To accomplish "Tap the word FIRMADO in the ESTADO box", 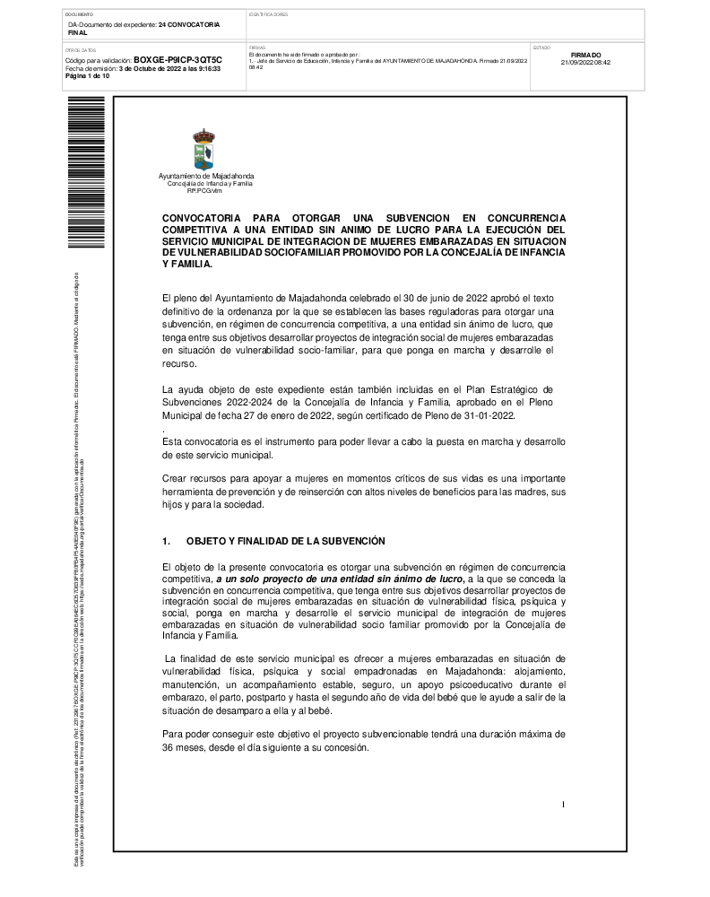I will [584, 55].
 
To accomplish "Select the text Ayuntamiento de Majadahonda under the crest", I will [205, 176].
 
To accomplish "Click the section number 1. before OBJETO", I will [166, 542].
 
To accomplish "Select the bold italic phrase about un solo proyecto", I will [339, 580].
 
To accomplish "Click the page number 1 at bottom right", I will [563, 805].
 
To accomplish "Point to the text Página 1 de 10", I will [87, 76].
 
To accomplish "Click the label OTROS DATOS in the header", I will [79, 50].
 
